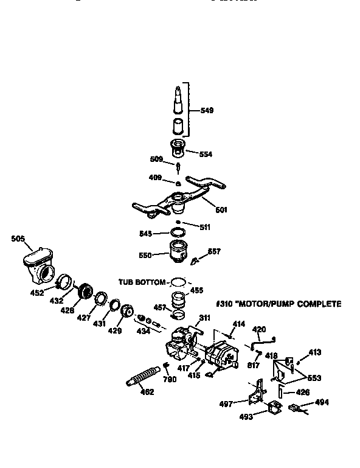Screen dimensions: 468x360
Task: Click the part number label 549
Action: [x=207, y=111]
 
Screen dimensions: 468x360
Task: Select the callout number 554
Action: [x=206, y=154]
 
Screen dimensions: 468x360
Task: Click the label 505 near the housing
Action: [x=18, y=239]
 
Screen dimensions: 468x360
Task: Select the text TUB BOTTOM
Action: [x=142, y=282]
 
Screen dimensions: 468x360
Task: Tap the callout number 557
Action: [x=215, y=251]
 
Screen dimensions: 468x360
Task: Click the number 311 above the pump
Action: [x=204, y=316]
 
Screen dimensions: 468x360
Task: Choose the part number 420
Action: [x=259, y=329]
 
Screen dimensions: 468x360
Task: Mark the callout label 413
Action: [x=315, y=352]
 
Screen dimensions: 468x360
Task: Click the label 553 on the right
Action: [x=314, y=378]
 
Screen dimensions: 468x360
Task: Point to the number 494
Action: [x=321, y=402]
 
